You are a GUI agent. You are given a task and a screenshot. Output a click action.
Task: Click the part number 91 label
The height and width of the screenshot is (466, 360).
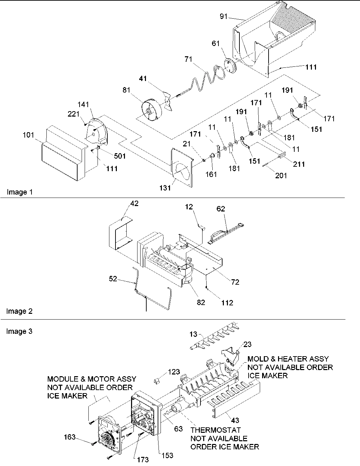[224, 16]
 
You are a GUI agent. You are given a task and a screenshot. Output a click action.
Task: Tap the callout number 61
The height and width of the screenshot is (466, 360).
[216, 43]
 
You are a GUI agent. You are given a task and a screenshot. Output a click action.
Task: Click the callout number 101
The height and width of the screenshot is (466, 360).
[28, 135]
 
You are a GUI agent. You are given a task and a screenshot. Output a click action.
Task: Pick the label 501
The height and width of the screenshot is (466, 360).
[119, 156]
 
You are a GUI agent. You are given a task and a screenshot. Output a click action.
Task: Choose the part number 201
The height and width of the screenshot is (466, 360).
[281, 175]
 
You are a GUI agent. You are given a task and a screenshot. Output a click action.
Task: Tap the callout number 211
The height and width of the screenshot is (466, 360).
[299, 164]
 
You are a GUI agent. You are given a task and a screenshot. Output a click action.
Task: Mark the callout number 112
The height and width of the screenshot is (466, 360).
[227, 303]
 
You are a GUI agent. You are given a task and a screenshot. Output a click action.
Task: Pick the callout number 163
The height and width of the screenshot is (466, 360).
[70, 438]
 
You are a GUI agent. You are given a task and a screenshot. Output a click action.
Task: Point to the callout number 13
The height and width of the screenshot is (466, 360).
[193, 335]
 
